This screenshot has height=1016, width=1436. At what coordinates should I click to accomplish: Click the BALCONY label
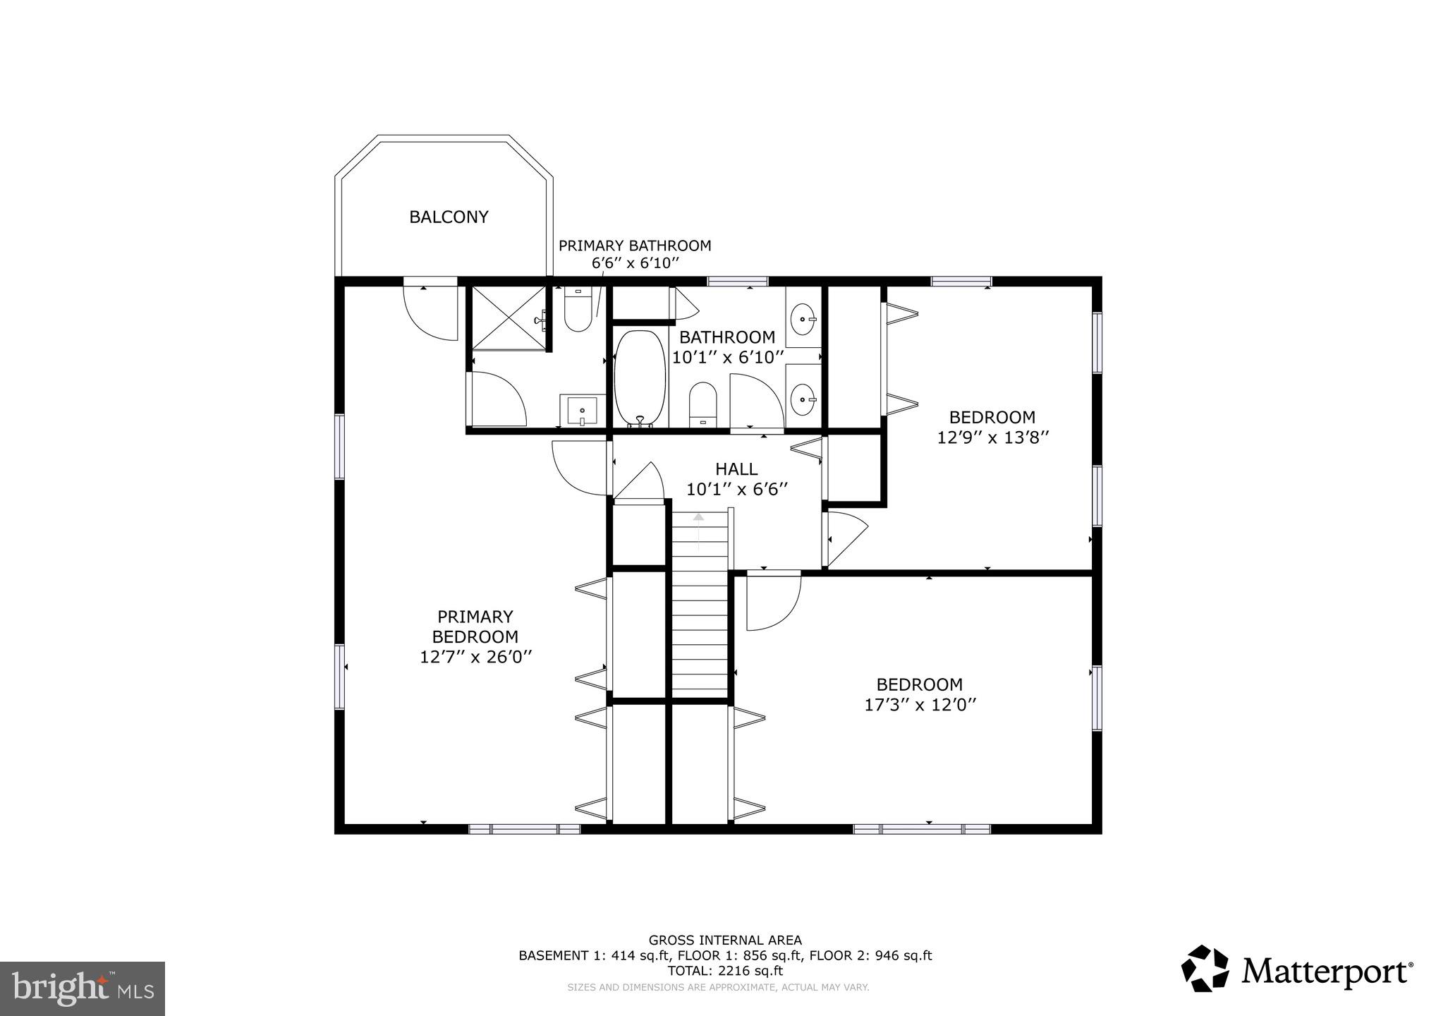449,217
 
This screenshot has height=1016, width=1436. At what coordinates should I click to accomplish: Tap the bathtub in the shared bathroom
639,379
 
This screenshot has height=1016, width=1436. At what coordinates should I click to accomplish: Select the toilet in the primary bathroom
578,313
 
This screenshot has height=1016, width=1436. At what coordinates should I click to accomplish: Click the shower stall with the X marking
508,317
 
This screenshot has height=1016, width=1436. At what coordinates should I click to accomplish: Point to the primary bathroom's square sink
583,411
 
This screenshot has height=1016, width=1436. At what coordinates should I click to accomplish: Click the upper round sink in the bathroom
803,320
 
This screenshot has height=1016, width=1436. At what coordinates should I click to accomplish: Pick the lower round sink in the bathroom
803,400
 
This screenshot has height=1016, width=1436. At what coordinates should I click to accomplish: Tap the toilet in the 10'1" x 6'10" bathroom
702,405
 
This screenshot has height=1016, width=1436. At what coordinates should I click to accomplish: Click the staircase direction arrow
698,531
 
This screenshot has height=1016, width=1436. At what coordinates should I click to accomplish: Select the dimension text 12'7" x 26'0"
475,657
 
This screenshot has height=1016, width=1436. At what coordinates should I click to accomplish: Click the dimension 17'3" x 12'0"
920,704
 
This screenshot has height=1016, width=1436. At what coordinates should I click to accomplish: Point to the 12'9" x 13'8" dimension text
992,437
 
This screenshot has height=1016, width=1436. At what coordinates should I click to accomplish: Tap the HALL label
736,469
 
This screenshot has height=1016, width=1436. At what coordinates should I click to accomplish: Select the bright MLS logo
83,988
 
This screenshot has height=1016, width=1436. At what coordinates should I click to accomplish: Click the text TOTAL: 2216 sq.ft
725,971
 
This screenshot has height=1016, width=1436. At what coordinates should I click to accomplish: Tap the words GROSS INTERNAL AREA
725,940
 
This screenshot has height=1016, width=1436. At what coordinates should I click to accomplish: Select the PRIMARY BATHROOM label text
635,246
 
